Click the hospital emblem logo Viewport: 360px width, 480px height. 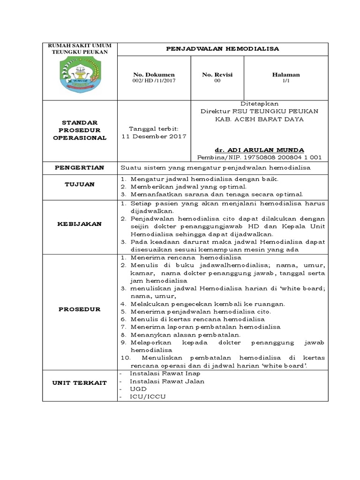click(79, 75)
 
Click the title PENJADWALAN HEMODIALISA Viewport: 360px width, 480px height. click(223, 48)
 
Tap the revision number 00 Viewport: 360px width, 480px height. click(217, 81)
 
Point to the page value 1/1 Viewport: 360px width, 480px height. click(286, 81)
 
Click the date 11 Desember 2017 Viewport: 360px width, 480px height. click(154, 136)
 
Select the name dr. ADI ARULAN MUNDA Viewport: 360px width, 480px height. click(259, 150)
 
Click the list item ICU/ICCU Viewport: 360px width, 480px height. click(148, 397)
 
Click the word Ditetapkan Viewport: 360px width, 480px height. click(259, 103)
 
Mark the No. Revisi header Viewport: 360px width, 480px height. click(217, 75)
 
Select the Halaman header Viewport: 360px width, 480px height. click(286, 75)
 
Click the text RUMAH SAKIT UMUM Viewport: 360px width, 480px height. click(79, 45)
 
